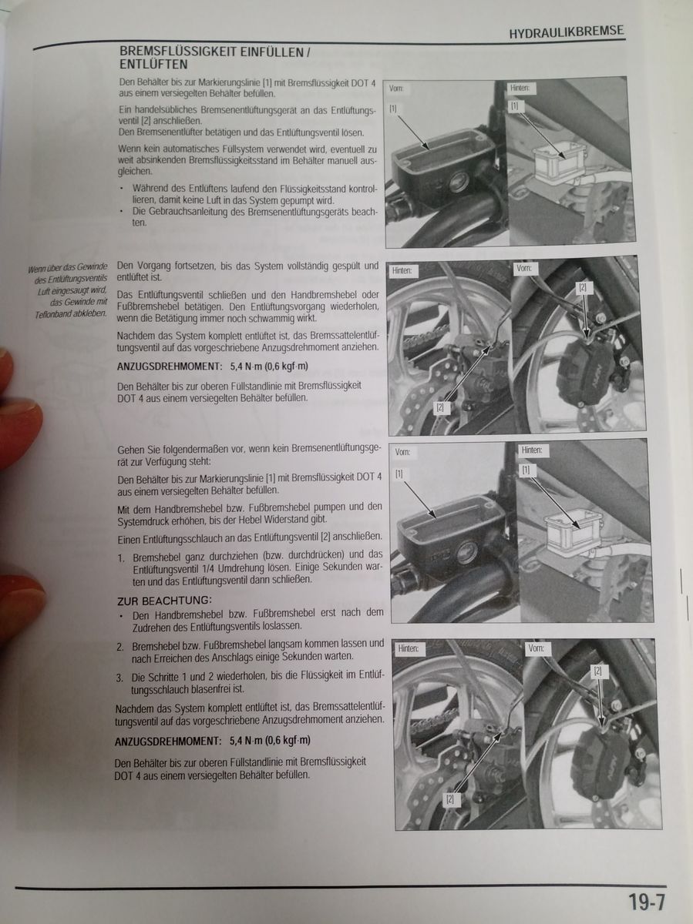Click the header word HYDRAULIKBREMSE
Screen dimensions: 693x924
pos(567,32)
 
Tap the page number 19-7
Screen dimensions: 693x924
pos(647,902)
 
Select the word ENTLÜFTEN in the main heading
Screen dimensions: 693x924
pos(153,65)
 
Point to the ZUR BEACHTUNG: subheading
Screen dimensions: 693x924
pos(164,600)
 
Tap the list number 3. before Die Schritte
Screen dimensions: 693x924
pos(120,678)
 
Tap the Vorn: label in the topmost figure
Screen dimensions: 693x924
pos(396,89)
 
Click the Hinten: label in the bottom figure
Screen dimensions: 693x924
pos(409,648)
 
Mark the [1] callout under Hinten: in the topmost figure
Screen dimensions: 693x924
pos(514,105)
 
